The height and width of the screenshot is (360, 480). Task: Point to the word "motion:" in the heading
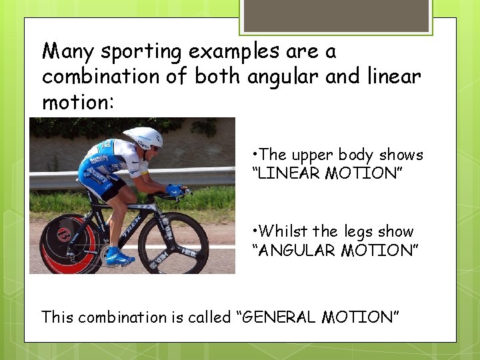point(78,103)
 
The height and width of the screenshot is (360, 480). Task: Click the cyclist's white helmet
point(143,137)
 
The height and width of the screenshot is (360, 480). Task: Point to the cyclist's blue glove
point(175,190)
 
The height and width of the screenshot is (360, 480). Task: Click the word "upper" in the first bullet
point(313,155)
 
